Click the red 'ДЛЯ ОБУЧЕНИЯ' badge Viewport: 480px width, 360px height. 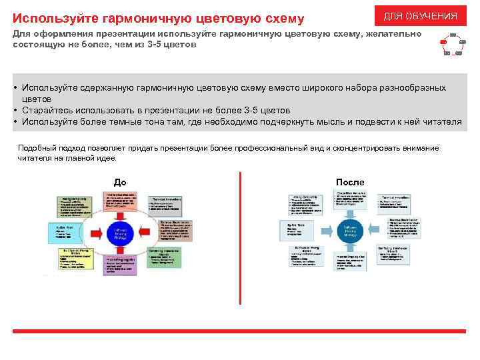click(x=420, y=16)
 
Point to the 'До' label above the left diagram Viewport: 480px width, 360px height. click(x=120, y=182)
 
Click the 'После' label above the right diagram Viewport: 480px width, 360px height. click(x=350, y=182)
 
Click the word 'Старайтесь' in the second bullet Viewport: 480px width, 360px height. click(x=46, y=110)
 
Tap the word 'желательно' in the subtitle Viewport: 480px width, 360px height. click(x=397, y=33)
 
